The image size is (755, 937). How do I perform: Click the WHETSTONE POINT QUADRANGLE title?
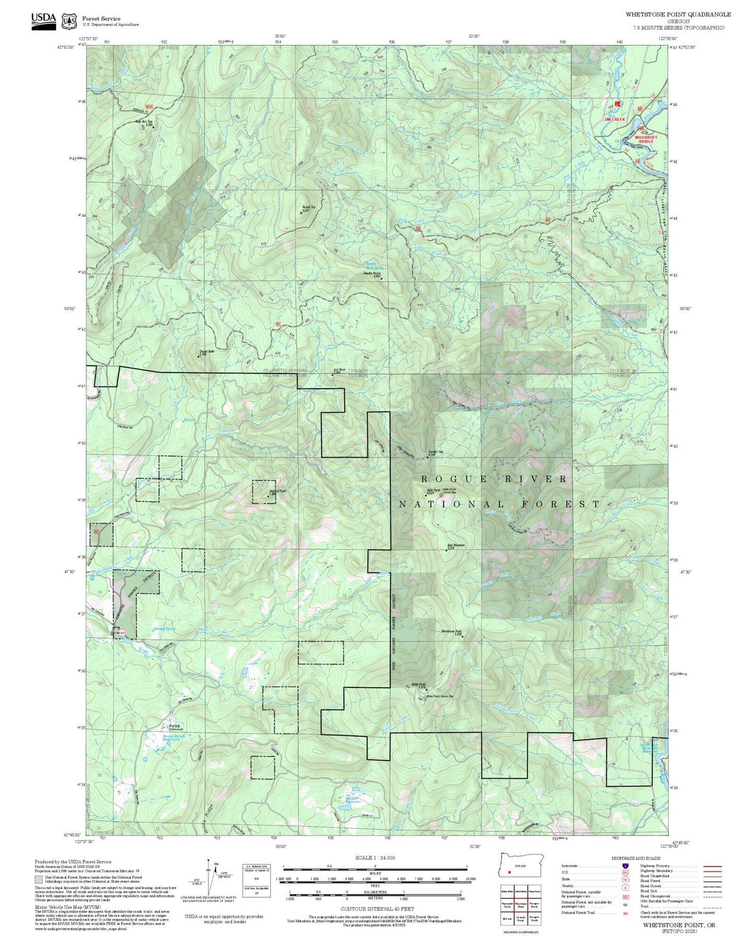(678, 15)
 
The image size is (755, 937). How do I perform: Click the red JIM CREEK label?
(614, 120)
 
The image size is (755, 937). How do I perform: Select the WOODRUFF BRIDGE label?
(646, 139)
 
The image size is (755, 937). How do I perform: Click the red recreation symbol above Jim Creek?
(618, 104)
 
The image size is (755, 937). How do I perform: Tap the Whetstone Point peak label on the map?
(451, 632)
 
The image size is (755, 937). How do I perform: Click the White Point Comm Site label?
(439, 696)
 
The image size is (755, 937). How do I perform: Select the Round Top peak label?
(308, 208)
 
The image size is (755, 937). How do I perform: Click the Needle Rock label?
(372, 274)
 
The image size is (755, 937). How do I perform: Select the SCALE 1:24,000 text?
(375, 858)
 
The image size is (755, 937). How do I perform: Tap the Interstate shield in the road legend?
(625, 865)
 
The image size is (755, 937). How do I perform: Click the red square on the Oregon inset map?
(509, 872)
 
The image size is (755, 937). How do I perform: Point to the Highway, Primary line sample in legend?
(713, 866)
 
